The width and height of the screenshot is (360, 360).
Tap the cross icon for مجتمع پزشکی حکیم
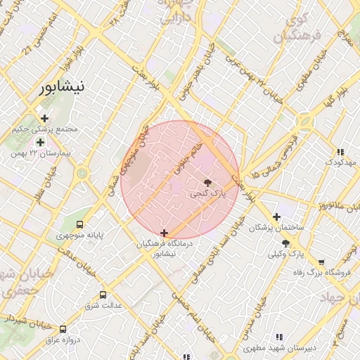coord(45,119)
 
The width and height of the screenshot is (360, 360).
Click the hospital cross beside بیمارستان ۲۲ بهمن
coord(41,142)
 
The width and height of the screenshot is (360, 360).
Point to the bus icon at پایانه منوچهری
coord(80,224)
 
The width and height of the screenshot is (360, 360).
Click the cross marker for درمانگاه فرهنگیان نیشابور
coord(165,233)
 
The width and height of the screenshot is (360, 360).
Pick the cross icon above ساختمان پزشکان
coord(276,217)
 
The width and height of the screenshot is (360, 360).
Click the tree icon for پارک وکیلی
coord(285,243)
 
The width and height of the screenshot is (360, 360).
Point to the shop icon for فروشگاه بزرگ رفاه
coord(321,262)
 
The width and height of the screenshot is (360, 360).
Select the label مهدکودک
coord(340,162)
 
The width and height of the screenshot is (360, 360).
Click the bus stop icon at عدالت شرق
coord(104,295)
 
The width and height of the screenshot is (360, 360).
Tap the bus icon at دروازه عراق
coord(63,329)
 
